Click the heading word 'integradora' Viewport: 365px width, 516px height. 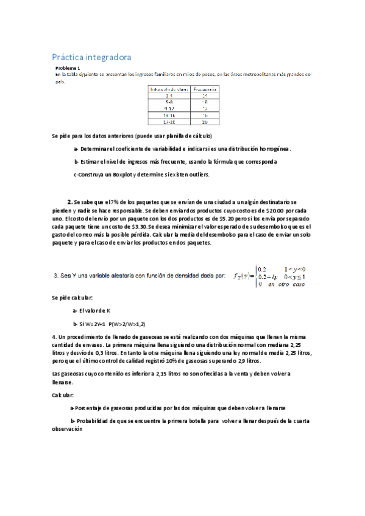tap(108, 57)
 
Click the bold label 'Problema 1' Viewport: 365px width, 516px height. tap(68, 69)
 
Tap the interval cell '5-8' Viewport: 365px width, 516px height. tap(168, 101)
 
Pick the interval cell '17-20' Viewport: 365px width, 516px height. tap(168, 121)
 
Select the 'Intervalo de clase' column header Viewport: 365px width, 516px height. tap(168, 88)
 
